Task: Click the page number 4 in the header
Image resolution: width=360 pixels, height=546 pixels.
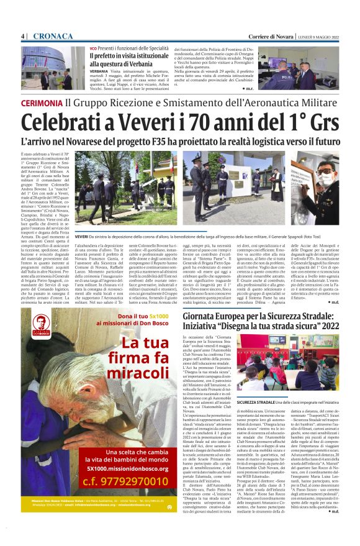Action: coord(23,36)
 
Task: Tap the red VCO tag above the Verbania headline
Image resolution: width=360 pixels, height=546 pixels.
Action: coord(93,47)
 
